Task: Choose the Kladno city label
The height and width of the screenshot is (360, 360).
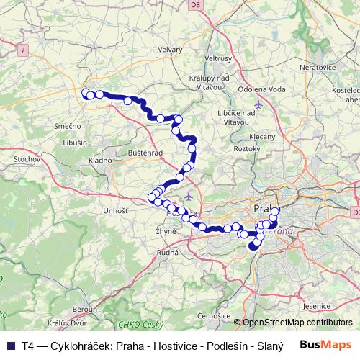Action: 99,160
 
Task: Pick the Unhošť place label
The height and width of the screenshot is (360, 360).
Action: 115,210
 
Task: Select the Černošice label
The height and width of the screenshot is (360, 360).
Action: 213,315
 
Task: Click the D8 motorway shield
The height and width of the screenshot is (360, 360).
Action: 194,5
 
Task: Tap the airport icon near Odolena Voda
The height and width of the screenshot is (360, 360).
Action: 258,102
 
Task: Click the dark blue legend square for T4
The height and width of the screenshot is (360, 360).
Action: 11,346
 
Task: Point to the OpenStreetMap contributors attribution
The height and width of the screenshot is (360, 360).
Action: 296,323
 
